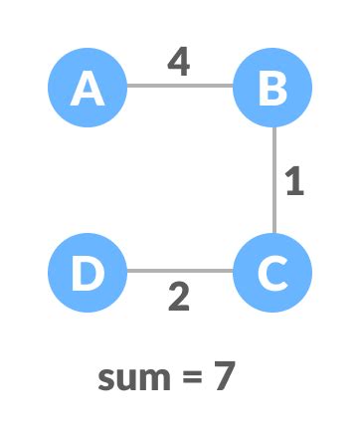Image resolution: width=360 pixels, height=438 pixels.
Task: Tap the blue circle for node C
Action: click(272, 272)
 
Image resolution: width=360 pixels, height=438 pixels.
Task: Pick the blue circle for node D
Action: click(88, 272)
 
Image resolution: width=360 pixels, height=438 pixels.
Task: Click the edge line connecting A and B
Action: click(180, 86)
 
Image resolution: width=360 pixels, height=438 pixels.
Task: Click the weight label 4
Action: click(179, 62)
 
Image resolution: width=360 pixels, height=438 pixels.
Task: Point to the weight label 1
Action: click(294, 182)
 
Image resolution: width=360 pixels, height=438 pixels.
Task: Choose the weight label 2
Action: click(179, 297)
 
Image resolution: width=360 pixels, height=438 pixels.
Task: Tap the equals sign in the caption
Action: click(189, 378)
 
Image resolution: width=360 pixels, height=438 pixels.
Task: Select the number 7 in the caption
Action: click(224, 376)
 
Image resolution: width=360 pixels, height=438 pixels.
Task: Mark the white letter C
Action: click(272, 273)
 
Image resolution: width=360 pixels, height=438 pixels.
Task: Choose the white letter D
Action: click(88, 273)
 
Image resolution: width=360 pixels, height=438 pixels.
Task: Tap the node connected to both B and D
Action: click(272, 272)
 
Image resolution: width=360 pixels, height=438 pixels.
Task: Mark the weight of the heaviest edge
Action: click(179, 62)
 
